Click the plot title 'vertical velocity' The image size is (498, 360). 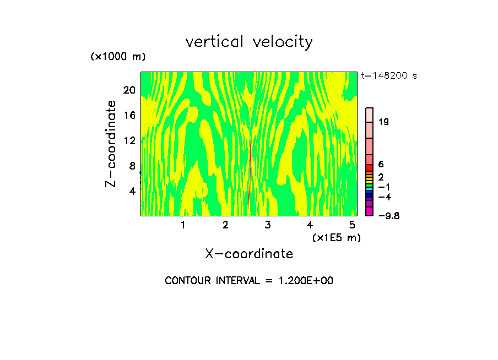coord(249,42)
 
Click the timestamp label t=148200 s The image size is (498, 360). coord(389,76)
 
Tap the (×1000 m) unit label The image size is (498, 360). coord(117,57)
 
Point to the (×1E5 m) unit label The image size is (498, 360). coord(336,237)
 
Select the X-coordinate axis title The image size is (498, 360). coord(249,254)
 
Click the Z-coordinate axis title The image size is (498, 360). coord(112,143)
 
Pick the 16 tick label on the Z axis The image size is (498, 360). coord(129,115)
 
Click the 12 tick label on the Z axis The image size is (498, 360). coord(129,140)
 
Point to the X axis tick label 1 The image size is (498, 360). coord(183,225)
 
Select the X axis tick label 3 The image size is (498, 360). coord(268,225)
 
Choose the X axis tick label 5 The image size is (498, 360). coord(352,225)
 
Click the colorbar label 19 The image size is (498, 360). coord(383,122)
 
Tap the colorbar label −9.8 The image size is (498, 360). coord(388,215)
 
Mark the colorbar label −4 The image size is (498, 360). coord(385,197)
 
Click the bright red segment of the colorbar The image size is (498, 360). coord(370,167)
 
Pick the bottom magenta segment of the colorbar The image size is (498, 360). coord(370,211)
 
